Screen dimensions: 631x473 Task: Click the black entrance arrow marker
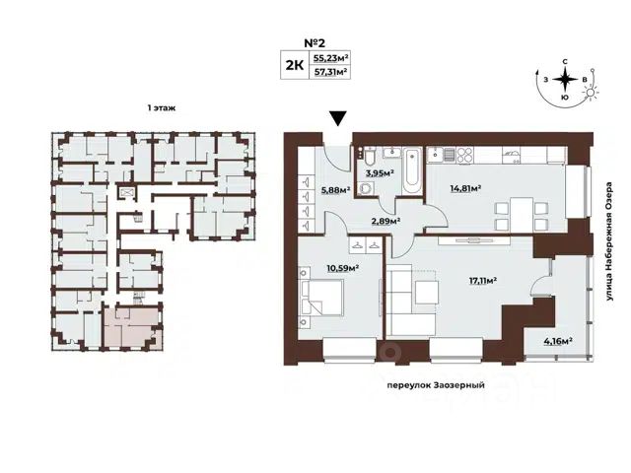pos(338,118)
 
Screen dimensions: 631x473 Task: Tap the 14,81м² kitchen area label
pos(466,187)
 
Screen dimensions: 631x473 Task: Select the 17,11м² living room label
pos(483,280)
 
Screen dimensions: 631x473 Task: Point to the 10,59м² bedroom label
pos(344,268)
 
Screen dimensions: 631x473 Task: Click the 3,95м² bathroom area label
pos(379,173)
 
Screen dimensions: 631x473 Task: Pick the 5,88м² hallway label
pos(335,190)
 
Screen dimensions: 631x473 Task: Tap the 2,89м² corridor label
pos(386,221)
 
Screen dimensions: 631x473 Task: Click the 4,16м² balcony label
pos(559,342)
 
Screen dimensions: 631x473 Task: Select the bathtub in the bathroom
pos(412,170)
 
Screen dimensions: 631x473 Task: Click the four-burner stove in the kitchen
pos(464,156)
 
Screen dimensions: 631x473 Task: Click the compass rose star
pos(565,80)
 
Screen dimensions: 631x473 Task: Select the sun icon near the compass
pos(590,93)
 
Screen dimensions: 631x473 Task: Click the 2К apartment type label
pos(294,64)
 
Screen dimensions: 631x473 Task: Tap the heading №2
pos(314,42)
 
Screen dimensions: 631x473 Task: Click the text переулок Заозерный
pos(436,385)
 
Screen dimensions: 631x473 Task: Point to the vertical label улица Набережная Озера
pos(610,242)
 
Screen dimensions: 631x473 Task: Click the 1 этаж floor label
pos(162,107)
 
